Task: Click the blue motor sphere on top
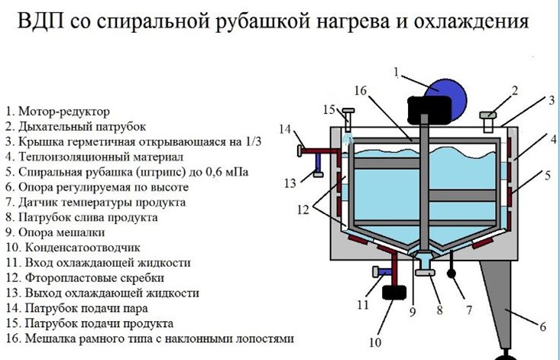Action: [447, 96]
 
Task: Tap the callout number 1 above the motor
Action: [397, 73]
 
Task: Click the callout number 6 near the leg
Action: [543, 327]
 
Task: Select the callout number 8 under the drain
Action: [439, 310]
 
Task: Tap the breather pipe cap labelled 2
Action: [490, 117]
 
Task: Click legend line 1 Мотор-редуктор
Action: [58, 112]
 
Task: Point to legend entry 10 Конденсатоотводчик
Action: [73, 248]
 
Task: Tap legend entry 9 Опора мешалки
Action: [58, 232]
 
